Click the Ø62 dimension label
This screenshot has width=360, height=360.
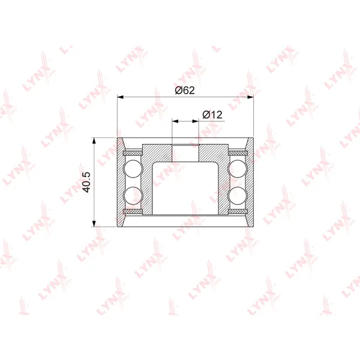185,90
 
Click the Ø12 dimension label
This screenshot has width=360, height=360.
212,115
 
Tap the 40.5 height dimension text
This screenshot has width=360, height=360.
87,182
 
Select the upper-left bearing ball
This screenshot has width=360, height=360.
133,169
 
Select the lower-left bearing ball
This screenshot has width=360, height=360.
133,196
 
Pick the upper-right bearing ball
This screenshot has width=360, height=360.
238,169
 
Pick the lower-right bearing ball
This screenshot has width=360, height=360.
238,196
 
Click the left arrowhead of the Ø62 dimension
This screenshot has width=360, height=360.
121,97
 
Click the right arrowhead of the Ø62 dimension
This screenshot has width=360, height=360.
250,97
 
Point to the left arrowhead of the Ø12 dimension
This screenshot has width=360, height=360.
175,121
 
